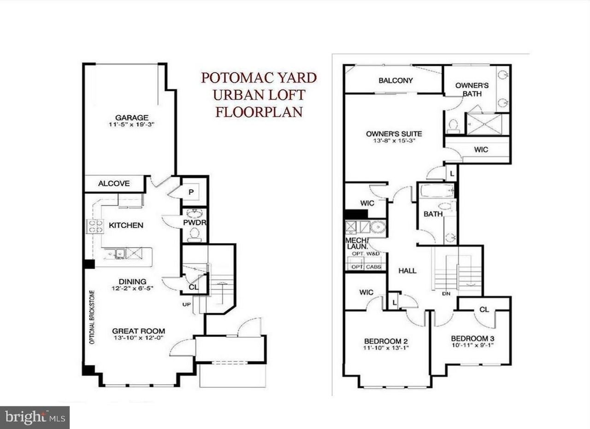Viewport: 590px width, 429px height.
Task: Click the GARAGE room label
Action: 131,118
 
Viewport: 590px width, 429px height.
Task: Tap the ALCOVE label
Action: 114,184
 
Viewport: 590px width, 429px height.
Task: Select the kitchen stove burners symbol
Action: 95,226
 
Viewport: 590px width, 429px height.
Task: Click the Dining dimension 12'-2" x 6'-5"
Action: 132,289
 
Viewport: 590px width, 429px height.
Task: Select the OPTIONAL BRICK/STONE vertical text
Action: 92,317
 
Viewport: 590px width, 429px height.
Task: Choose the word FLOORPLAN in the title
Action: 259,112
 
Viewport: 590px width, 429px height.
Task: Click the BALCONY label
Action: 395,80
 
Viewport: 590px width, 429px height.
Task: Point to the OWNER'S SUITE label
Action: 394,134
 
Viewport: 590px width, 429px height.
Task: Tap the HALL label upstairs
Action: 407,271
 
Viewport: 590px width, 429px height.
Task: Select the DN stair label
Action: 446,293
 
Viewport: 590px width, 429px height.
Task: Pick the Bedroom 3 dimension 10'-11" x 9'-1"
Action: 472,345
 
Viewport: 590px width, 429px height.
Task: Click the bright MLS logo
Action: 35,417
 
